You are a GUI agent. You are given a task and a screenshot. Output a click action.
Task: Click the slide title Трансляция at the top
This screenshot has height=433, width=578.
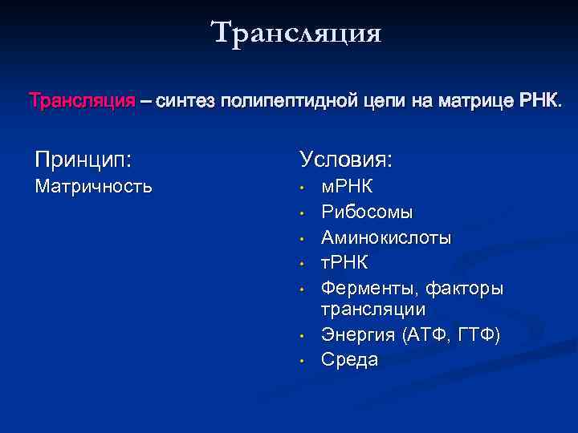[296, 33]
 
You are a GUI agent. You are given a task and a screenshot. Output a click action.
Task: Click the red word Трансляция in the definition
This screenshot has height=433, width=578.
[82, 102]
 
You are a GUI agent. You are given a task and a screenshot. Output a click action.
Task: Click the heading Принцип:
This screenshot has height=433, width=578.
[82, 159]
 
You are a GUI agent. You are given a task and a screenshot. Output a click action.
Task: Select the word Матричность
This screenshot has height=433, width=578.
[92, 187]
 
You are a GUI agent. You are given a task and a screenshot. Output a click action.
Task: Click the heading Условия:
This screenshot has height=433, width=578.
[346, 159]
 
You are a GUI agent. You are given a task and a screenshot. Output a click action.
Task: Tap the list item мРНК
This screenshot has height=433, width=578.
[347, 187]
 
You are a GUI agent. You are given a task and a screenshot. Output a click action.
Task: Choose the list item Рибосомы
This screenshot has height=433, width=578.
[367, 212]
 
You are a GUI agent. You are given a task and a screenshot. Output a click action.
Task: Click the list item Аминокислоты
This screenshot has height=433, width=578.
[386, 238]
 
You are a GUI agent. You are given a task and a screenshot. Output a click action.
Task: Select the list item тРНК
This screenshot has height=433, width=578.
[344, 263]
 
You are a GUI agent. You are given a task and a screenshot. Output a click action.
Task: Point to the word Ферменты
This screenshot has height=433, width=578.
[369, 289]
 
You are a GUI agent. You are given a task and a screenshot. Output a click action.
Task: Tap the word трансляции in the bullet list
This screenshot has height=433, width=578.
[373, 309]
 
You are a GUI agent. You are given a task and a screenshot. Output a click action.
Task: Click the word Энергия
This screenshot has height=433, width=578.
[356, 334]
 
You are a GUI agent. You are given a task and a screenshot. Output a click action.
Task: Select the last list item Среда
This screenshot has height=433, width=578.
[349, 360]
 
